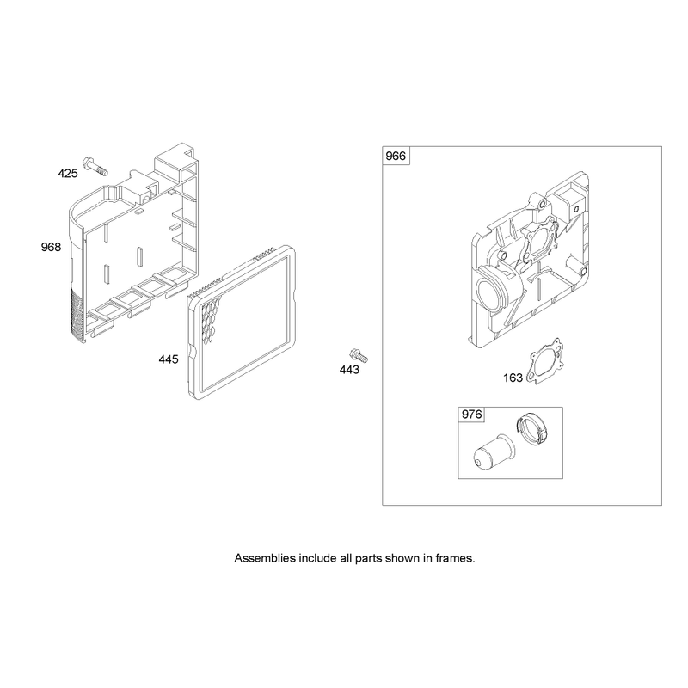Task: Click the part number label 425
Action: pyautogui.click(x=68, y=174)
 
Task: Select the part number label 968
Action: pyautogui.click(x=51, y=247)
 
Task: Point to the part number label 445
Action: pyautogui.click(x=169, y=359)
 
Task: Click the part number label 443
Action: pyautogui.click(x=349, y=370)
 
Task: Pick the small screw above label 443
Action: pyautogui.click(x=359, y=355)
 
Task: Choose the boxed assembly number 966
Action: pyautogui.click(x=396, y=156)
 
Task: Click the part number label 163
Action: pyautogui.click(x=513, y=378)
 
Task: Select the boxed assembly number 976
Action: pyautogui.click(x=471, y=415)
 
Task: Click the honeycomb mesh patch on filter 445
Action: pyautogui.click(x=211, y=319)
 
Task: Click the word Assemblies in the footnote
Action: pyautogui.click(x=265, y=558)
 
